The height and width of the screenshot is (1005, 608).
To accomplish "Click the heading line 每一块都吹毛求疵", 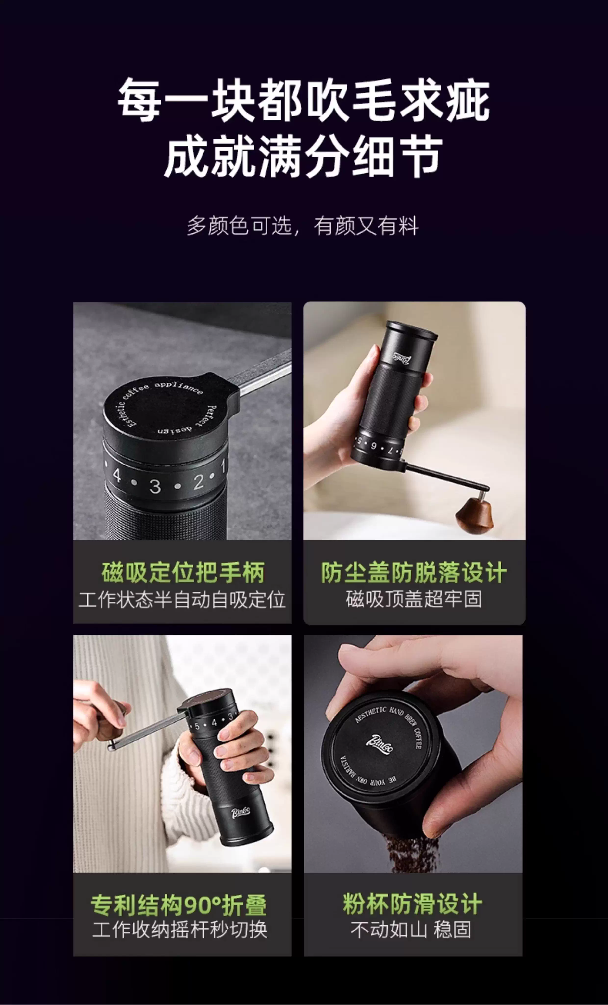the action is (303, 100).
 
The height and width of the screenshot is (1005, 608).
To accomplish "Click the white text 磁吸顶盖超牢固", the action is (414, 599).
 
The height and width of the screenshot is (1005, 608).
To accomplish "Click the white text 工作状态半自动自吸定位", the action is (182, 600).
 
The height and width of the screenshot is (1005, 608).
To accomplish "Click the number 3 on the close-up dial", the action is (155, 486).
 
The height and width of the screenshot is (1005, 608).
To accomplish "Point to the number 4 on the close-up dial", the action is (117, 475).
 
